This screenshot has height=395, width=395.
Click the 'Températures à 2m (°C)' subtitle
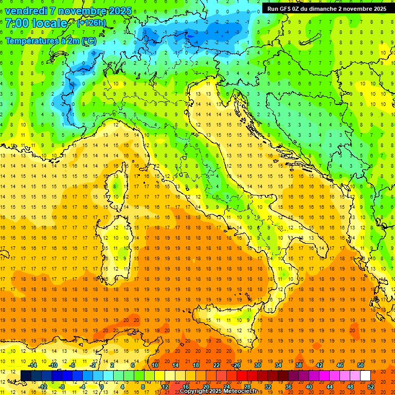(x=50, y=40)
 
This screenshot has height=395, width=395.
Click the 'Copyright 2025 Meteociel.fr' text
(x=222, y=391)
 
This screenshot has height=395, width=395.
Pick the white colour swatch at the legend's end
(x=365, y=375)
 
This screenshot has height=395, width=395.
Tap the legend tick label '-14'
(x=33, y=365)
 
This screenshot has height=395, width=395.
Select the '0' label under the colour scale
(x=102, y=386)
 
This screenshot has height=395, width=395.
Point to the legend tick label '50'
(x=361, y=365)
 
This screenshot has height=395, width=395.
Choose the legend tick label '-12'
(x=43, y=386)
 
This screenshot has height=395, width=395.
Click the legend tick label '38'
(x=299, y=365)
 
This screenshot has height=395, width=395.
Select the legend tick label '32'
(x=268, y=386)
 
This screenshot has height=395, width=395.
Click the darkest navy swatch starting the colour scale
(x=26, y=375)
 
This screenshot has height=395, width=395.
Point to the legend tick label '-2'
(x=94, y=365)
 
